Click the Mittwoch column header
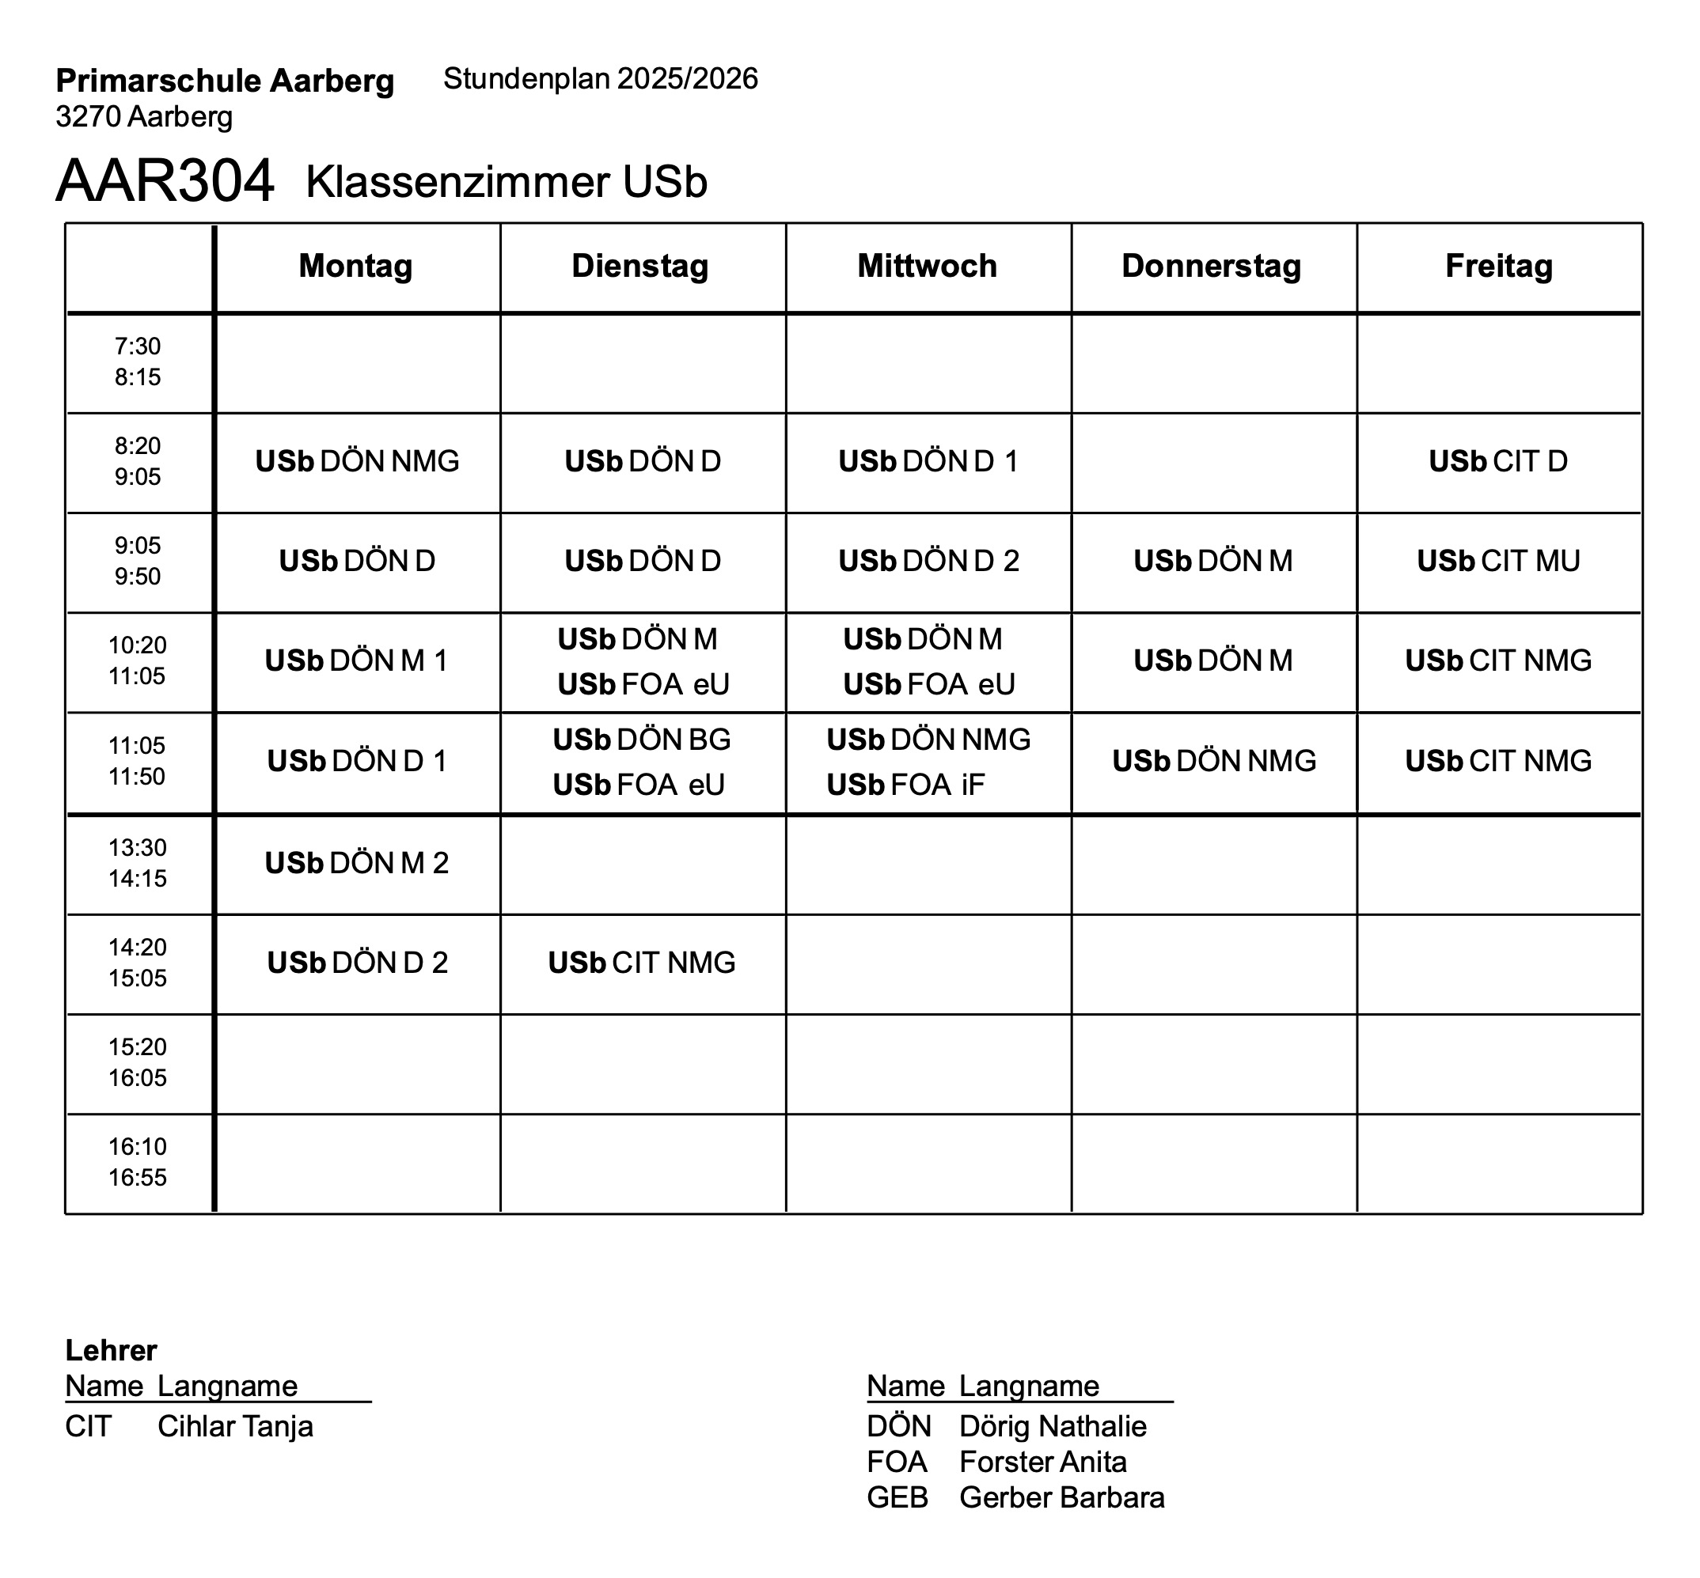pos(927,266)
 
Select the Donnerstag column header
pos(1212,266)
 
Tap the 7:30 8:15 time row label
pos(138,361)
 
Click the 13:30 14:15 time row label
pos(138,862)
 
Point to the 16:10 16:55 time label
pos(138,1161)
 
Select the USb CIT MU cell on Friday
pos(1498,561)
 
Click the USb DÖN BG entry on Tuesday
pos(642,740)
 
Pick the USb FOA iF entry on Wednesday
pos(905,785)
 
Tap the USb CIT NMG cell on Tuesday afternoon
pos(642,963)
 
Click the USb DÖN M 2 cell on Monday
pos(356,863)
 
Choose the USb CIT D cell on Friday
pos(1498,461)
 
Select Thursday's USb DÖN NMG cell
pos(1214,761)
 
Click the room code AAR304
pos(165,181)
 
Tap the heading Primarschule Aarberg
pos(225,81)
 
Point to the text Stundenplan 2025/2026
pos(601,78)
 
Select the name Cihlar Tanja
pos(235,1426)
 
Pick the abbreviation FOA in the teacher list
pos(896,1462)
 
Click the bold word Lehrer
pos(111,1350)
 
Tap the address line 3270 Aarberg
pos(143,116)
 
